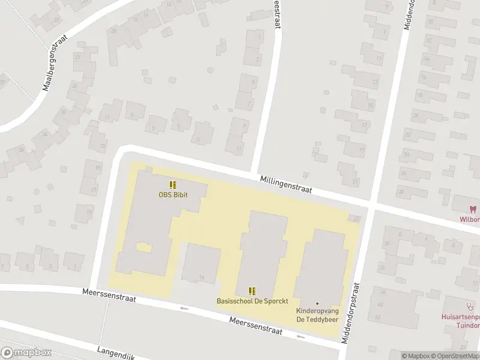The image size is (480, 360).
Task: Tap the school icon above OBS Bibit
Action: [172, 185]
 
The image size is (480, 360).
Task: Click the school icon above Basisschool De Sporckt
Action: [252, 291]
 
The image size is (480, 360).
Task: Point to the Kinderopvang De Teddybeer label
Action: [317, 315]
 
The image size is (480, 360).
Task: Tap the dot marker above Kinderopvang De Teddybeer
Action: [317, 304]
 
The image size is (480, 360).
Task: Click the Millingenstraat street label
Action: [286, 184]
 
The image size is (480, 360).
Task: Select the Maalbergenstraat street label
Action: [56, 62]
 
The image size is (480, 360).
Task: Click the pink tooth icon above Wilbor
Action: [472, 209]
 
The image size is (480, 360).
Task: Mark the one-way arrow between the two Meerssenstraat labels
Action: [184, 308]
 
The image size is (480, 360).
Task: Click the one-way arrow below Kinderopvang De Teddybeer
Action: [301, 337]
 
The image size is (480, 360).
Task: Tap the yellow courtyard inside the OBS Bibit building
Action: [143, 247]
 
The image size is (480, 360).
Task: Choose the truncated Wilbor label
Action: [470, 219]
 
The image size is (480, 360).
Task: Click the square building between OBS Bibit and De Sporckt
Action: [201, 263]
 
